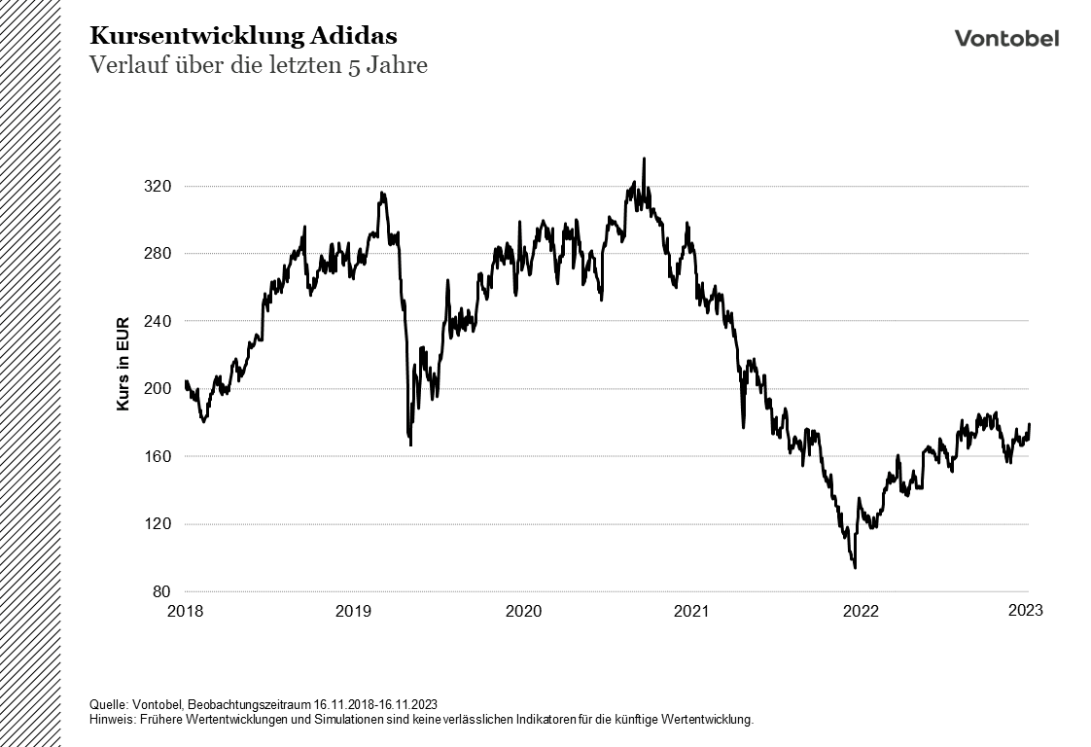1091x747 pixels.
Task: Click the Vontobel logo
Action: point(1006,38)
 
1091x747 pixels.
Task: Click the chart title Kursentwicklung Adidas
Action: point(243,36)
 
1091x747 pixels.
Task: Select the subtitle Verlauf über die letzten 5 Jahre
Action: point(259,66)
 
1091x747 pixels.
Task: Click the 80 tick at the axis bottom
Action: point(163,591)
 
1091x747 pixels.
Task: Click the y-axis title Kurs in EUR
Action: point(123,362)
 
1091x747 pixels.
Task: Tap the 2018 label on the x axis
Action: point(185,611)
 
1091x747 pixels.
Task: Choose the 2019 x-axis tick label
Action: point(353,611)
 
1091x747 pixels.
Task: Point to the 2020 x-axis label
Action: point(523,611)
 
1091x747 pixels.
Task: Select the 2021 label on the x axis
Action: point(691,611)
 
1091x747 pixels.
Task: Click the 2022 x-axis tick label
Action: point(861,611)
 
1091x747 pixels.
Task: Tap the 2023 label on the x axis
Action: point(1026,610)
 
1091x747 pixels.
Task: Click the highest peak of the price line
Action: point(644,160)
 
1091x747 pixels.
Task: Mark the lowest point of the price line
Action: point(855,567)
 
